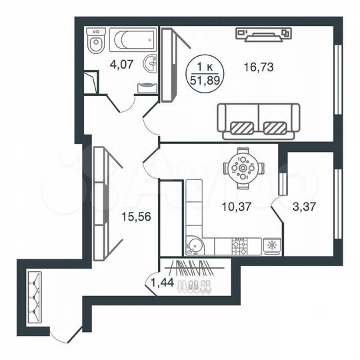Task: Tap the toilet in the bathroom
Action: (x=97, y=43)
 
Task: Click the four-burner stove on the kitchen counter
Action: (x=239, y=246)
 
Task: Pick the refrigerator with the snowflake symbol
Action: (x=271, y=245)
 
